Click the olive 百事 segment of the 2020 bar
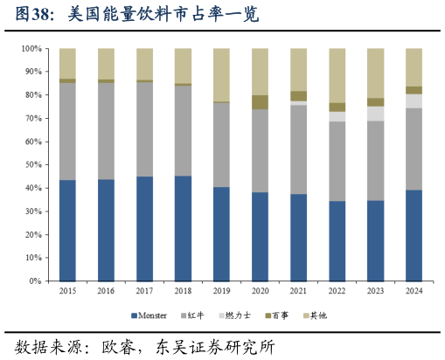(260, 102)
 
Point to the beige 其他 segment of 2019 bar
(221, 74)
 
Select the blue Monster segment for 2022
(337, 241)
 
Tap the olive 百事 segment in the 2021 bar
(298, 96)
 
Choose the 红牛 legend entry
(194, 315)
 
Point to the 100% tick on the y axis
(32, 49)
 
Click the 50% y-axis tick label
(34, 165)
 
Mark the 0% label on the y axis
(37, 281)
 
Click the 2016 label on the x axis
(106, 291)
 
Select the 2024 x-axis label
(414, 291)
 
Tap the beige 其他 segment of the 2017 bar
(144, 64)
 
